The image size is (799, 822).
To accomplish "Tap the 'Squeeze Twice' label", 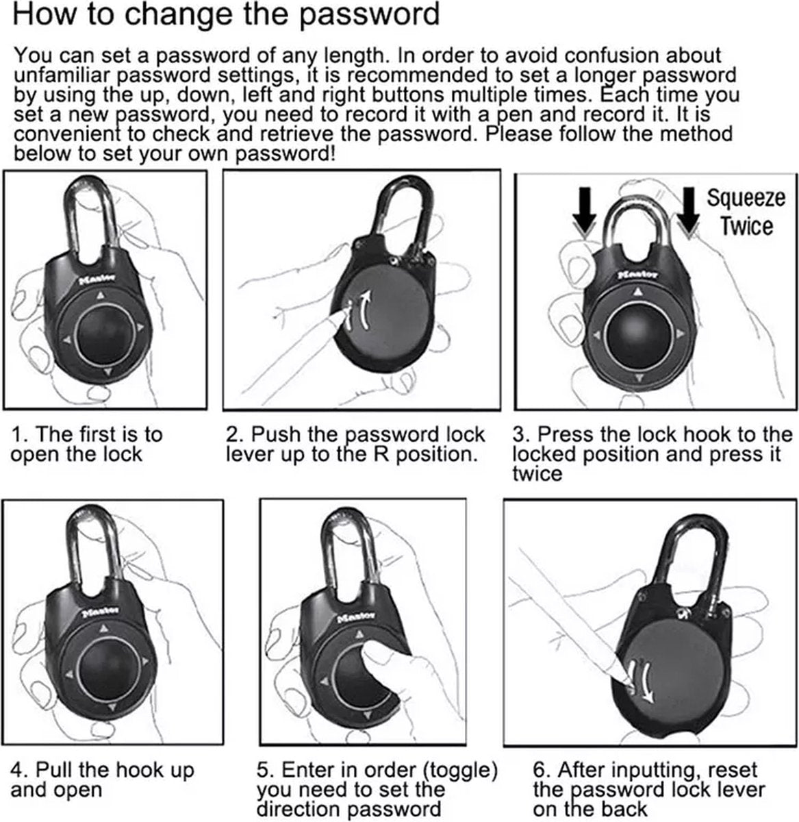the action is [x=746, y=212].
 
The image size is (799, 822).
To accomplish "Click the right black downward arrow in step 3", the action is [x=689, y=210].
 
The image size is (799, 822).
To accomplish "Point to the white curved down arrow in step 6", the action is [x=646, y=682].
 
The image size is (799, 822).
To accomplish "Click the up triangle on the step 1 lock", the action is [x=100, y=295].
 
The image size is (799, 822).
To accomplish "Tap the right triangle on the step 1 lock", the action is [x=140, y=327].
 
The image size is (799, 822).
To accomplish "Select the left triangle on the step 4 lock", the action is [x=70, y=675].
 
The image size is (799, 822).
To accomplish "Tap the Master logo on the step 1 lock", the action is [x=97, y=279].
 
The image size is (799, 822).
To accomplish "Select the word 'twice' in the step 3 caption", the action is [x=537, y=473].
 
